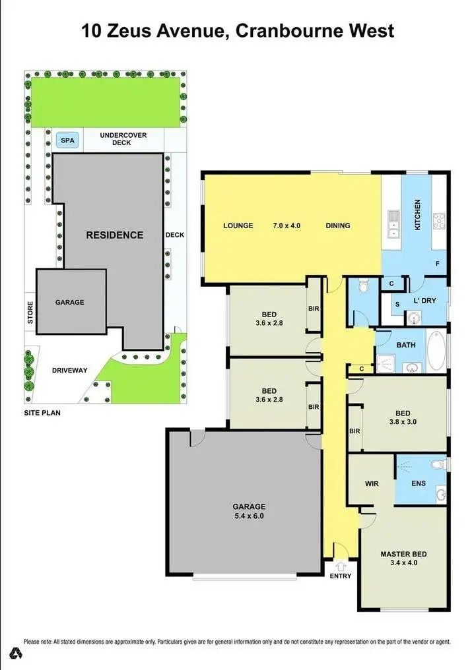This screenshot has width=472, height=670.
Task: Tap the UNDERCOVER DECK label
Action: (123, 138)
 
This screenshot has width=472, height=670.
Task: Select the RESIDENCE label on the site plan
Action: (114, 235)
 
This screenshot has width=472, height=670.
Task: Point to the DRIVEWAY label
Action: (69, 370)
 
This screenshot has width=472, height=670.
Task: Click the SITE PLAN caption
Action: (40, 414)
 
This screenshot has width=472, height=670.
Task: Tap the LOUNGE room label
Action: (238, 226)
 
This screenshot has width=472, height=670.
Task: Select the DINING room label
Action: (338, 226)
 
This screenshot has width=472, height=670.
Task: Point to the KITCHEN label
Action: (417, 215)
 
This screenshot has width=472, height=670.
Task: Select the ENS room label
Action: (419, 483)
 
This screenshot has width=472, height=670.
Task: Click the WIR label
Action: (371, 483)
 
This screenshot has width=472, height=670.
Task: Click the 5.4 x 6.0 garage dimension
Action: (248, 516)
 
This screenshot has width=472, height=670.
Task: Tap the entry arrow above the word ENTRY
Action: (341, 565)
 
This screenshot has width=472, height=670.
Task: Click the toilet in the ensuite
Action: (436, 466)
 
